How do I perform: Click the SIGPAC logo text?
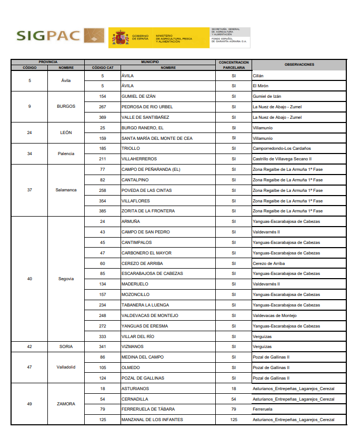pos(48,36)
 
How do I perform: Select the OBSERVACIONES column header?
pos(299,65)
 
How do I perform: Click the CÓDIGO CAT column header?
pos(103,68)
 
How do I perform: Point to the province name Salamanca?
pos(66,190)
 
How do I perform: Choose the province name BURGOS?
pos(66,106)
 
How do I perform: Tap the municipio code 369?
pos(103,117)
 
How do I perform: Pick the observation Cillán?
pos(258,76)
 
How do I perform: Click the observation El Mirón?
pos(261,86)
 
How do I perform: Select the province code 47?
pos(29,367)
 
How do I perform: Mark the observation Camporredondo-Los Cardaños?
pos(282,148)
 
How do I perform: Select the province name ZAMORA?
pos(66,404)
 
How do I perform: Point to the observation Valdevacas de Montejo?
pos(275,315)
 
